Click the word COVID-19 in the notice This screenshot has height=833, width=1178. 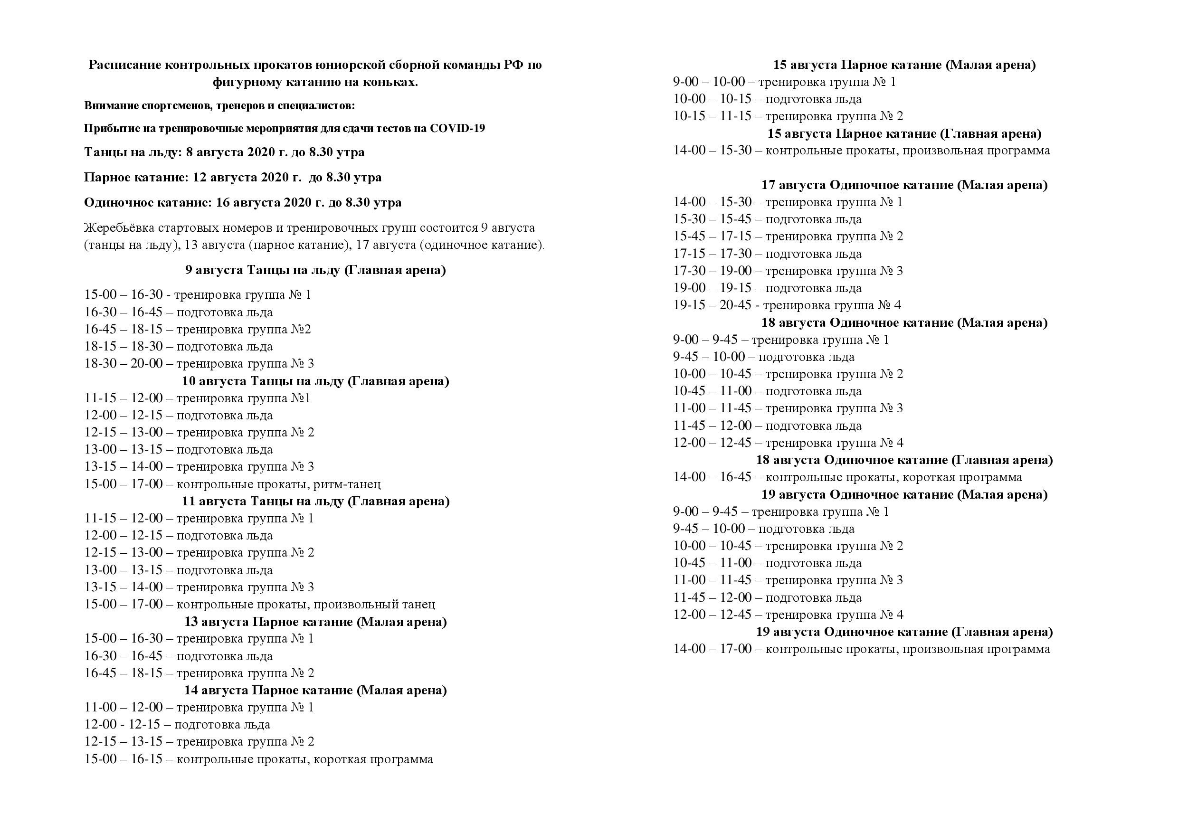457,128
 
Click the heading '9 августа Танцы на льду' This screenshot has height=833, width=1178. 315,270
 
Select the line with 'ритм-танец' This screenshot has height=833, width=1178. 232,483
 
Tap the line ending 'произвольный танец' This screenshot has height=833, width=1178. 260,604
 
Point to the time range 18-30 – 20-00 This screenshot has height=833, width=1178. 123,364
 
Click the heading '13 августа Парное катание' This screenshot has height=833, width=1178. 315,622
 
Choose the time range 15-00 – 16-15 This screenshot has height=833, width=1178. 123,759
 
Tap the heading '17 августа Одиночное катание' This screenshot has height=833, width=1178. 904,185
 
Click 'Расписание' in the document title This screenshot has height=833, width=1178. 123,65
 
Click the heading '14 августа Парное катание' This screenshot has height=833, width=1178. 315,691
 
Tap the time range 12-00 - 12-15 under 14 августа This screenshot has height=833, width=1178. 122,725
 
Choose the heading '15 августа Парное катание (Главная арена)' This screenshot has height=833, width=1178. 904,134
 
